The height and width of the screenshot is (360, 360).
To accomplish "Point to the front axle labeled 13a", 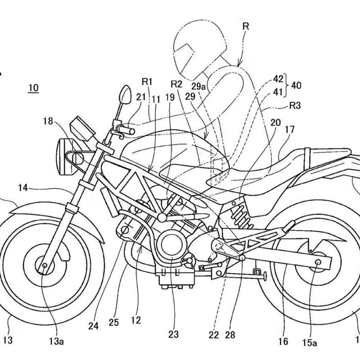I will [x=45, y=266].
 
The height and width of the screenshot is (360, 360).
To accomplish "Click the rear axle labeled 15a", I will [x=318, y=262].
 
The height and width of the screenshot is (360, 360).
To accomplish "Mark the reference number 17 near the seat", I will [x=289, y=130].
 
